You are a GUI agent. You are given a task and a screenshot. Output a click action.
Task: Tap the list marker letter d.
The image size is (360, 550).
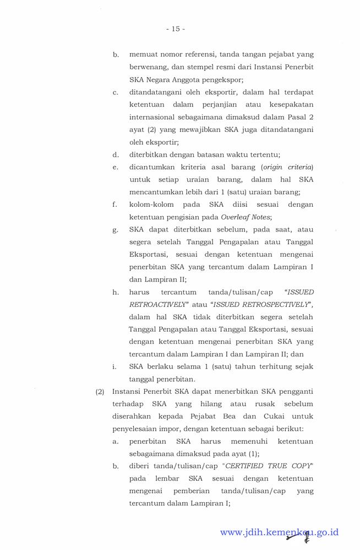[116, 154]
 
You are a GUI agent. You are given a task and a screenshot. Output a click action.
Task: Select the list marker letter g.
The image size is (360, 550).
[116, 230]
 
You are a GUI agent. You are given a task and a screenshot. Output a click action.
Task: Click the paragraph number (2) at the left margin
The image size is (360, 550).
[100, 392]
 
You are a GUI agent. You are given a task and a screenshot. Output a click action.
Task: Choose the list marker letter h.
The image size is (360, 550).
[116, 293]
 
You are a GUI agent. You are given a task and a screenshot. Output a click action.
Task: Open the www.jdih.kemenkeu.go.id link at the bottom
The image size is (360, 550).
[279, 532]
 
